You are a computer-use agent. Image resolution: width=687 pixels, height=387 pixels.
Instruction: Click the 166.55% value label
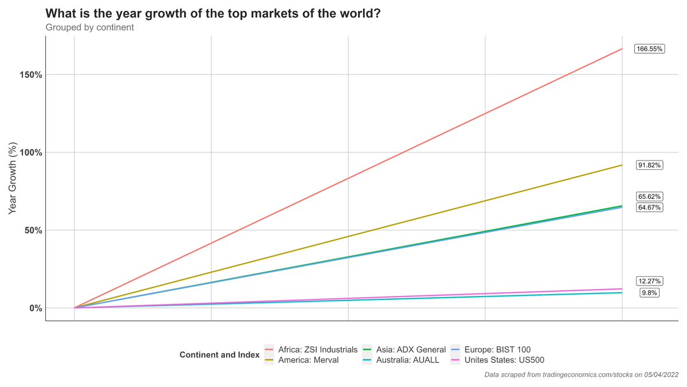coord(649,49)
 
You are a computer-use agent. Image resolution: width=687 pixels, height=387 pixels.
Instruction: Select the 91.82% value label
coord(649,165)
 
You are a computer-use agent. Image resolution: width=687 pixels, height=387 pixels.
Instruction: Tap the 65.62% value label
coord(649,196)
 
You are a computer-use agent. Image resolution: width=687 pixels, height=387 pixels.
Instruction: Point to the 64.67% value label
coord(649,207)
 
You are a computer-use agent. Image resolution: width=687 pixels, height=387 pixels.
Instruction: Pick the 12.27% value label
coord(649,281)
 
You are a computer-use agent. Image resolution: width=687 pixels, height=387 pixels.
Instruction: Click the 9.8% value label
coord(649,292)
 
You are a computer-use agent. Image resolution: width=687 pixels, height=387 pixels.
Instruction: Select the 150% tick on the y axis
coord(29,75)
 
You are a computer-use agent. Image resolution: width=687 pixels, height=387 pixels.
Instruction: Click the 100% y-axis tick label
coord(29,153)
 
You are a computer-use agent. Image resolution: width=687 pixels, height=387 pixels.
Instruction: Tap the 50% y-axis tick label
coord(31,230)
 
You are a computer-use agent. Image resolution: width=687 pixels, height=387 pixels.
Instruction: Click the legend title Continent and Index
coord(219,355)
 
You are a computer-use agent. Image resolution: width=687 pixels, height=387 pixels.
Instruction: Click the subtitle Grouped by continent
coord(89,27)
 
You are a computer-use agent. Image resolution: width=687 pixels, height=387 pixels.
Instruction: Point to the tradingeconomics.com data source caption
coord(581,375)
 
